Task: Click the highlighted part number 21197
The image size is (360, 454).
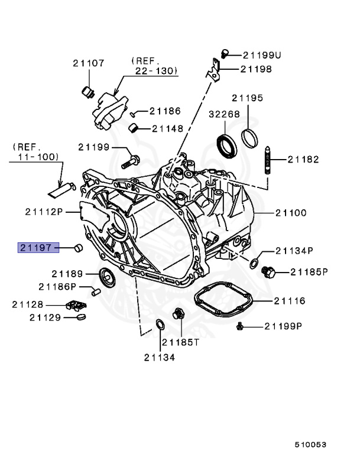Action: coord(36,248)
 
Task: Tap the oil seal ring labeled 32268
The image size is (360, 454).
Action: coord(226,145)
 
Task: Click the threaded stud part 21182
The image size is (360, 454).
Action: coord(269,159)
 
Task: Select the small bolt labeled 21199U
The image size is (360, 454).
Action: coord(225,54)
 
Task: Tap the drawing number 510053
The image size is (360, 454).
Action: coord(311,444)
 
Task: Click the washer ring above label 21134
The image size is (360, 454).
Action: coord(160,323)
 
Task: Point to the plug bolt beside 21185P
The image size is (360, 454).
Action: coord(268,273)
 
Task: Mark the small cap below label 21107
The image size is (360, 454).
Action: coord(89,91)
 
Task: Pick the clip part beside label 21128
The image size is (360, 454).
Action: coord(76,305)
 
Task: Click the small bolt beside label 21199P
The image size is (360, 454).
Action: coord(240,326)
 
